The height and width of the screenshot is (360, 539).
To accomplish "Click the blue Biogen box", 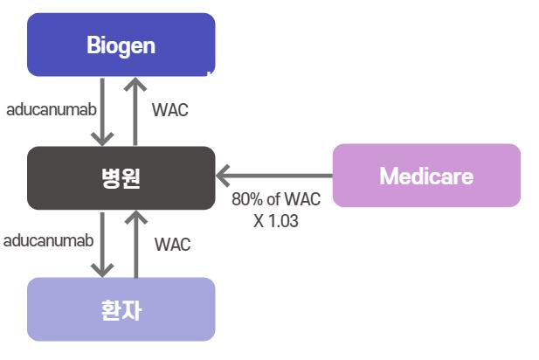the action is click(121, 45).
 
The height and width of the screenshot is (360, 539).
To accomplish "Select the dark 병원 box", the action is click(121, 177).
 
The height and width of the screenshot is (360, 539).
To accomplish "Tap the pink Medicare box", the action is click(426, 176).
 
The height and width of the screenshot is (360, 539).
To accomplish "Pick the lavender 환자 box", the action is click(121, 309).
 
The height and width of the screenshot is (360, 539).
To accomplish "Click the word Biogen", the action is click(121, 45).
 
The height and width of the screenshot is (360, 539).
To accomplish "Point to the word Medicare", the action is click(426, 176).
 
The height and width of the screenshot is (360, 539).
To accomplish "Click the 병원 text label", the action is click(121, 178).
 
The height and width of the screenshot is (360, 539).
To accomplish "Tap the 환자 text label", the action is click(121, 310).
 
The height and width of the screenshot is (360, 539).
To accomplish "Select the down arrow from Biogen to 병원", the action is click(102, 112).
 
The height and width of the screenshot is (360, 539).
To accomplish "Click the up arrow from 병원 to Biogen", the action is click(135, 111).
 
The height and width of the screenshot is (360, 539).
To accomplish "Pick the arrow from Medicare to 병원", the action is click(274, 176).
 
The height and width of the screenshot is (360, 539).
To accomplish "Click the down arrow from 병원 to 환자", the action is click(102, 245).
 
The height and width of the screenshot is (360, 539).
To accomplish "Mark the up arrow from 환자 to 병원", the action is click(136, 244).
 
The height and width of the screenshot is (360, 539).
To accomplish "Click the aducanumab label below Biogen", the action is click(52, 110).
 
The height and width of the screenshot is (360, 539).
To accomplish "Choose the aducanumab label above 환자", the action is click(48, 240).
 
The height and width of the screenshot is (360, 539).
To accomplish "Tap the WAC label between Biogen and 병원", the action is click(170, 110).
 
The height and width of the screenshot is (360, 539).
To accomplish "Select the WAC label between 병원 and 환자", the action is click(173, 245).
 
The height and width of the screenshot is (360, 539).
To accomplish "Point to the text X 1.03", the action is click(276, 221).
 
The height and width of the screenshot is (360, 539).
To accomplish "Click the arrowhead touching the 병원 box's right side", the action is click(223, 176).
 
